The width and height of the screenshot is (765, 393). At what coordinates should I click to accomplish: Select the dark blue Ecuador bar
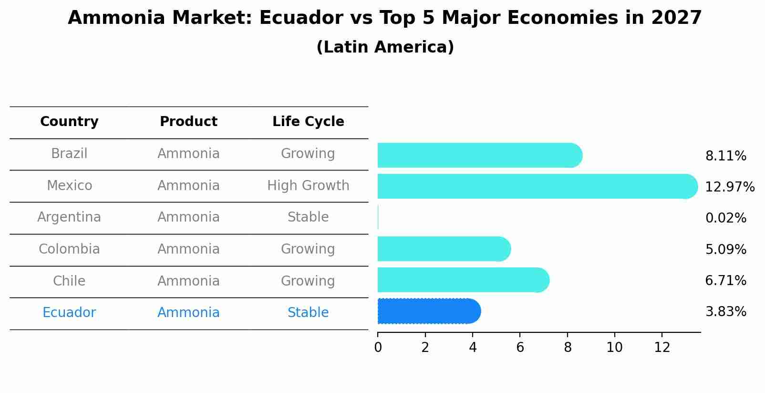point(428,311)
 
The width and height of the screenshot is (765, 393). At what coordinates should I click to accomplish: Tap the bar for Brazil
point(479,155)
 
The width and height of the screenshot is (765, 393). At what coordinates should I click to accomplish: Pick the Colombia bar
point(444,249)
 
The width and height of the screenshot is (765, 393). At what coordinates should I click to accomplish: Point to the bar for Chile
point(463,280)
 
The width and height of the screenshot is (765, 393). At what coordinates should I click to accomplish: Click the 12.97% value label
point(729,187)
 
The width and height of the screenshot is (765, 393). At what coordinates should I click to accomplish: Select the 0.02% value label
point(725,218)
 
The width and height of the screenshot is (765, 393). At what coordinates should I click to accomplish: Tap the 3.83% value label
point(725,312)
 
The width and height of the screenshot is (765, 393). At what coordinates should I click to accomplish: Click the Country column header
point(69,122)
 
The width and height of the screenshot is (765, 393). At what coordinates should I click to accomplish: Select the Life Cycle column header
point(308,122)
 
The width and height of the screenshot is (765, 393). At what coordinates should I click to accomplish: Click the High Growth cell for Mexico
point(308,185)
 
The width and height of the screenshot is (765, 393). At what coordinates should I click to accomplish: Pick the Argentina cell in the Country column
point(69,217)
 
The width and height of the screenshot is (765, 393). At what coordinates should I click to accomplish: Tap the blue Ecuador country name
point(69,313)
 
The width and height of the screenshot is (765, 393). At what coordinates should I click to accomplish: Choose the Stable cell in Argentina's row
point(308,217)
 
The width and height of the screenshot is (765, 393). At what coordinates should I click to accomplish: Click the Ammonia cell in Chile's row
point(188,281)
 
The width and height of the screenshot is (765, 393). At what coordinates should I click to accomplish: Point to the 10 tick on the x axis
point(614,348)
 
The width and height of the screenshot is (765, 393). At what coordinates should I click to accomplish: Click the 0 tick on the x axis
point(378,348)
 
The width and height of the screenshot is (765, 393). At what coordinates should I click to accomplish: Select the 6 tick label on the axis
point(520,348)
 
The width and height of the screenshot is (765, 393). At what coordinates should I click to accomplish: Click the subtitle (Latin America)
point(385,47)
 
